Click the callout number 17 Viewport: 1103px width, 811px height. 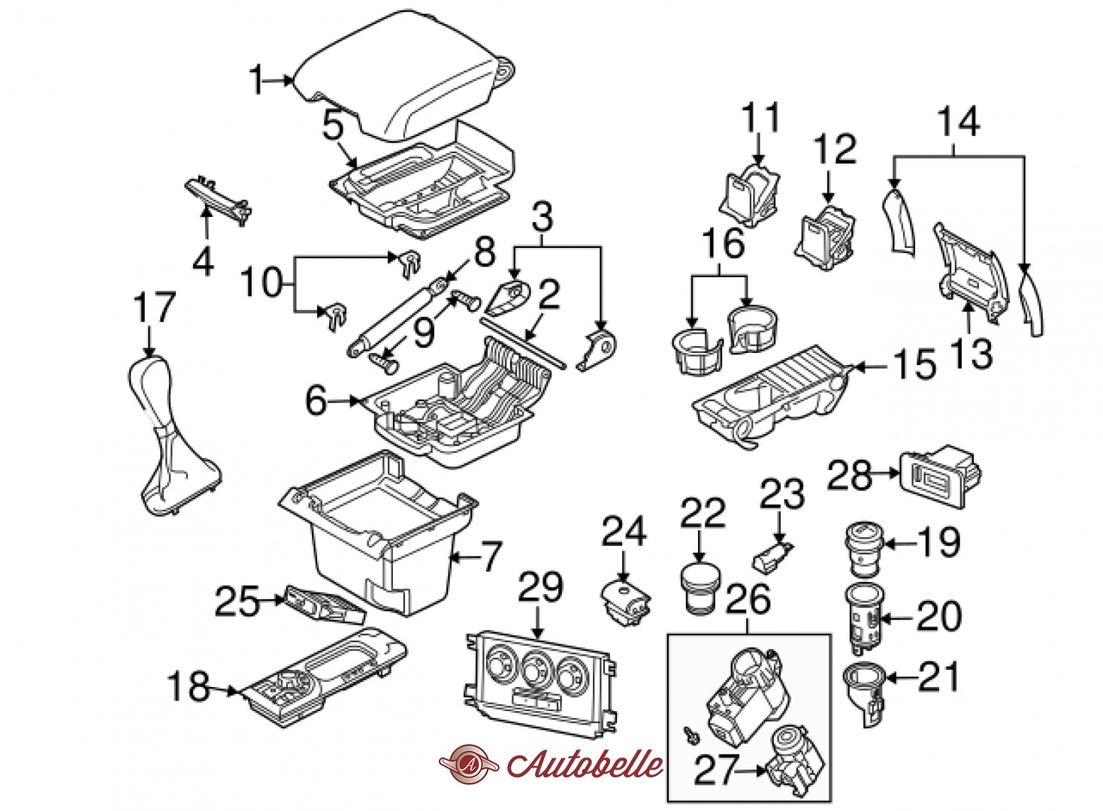(x=154, y=308)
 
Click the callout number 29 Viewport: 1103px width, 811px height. (x=541, y=587)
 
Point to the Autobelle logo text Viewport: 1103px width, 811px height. (x=585, y=764)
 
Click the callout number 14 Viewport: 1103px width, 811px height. (x=959, y=122)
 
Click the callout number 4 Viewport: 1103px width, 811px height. (x=203, y=261)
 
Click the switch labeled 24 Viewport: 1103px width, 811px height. (x=626, y=601)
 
